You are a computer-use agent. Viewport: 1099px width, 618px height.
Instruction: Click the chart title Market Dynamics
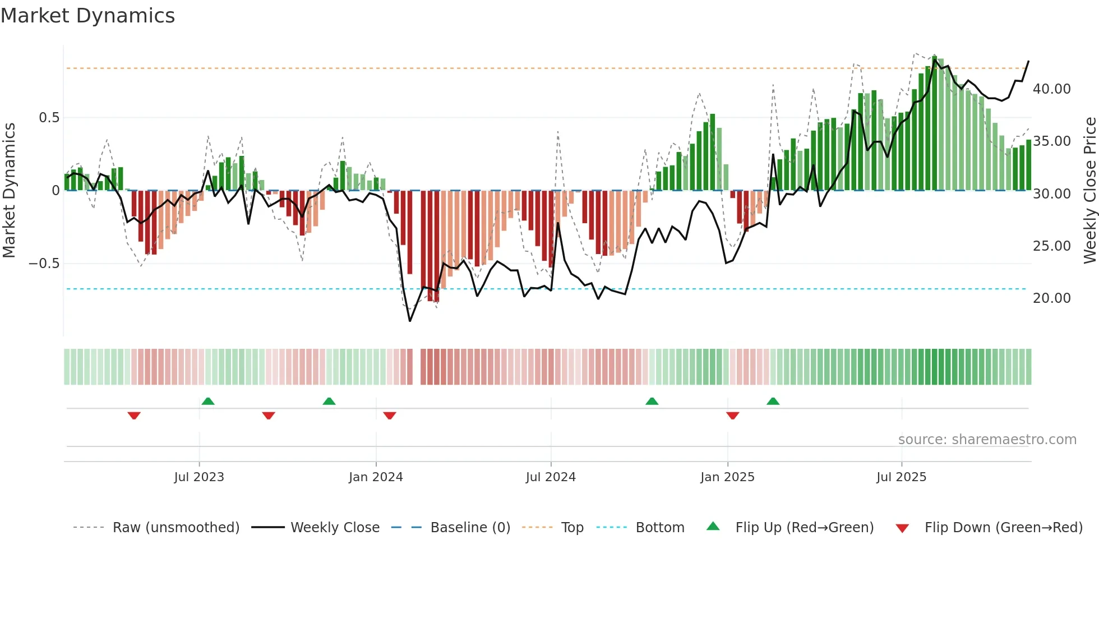pos(88,16)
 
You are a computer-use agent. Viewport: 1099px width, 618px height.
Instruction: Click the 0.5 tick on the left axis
pos(49,118)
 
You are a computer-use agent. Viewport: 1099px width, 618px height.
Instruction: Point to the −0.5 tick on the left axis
pos(44,264)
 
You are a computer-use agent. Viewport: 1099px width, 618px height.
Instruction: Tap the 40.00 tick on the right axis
pos(1051,89)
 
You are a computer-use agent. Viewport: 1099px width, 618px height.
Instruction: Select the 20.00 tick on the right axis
pos(1051,298)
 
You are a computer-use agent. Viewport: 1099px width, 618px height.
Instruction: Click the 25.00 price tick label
pos(1051,246)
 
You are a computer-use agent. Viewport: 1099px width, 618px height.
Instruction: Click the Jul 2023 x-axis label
pos(199,477)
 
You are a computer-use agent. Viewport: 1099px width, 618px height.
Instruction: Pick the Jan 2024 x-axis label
pos(376,477)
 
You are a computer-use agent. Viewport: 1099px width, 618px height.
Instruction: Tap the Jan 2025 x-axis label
pos(727,477)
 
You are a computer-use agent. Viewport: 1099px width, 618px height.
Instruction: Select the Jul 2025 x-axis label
pos(901,477)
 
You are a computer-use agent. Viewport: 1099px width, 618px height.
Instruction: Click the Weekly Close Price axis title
pos(1089,190)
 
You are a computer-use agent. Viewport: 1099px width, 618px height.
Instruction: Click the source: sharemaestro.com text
pos(987,440)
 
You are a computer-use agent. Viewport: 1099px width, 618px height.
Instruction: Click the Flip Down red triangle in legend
pos(902,528)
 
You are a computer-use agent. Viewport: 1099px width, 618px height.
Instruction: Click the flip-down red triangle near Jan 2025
pos(732,416)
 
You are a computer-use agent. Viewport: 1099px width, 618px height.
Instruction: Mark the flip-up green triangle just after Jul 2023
pos(208,401)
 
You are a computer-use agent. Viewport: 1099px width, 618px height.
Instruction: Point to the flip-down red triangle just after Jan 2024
pos(390,416)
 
